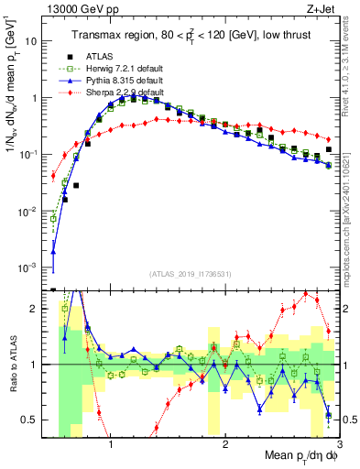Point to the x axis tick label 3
coord(339,444)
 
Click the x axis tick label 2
coord(225,444)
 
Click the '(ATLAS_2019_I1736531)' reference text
coord(191,274)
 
